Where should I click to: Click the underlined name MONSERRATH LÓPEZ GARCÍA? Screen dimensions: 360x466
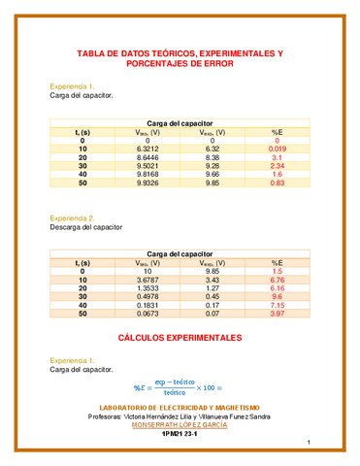(180, 424)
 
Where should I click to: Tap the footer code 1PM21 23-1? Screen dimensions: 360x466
(180, 434)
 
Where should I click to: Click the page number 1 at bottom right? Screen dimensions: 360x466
(306, 445)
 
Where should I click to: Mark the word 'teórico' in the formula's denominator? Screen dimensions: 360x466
(174, 391)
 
